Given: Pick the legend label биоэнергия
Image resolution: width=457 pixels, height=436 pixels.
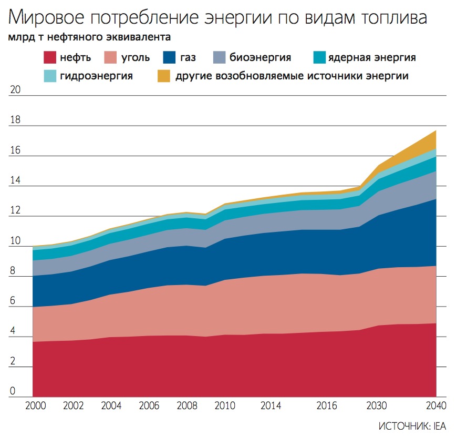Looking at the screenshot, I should [x=260, y=57].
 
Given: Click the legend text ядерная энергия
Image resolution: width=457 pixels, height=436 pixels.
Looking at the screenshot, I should [x=371, y=57].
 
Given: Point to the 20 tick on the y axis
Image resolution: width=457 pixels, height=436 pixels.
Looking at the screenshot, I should [x=16, y=90].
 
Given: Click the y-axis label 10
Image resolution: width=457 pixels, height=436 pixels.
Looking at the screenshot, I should [x=16, y=241].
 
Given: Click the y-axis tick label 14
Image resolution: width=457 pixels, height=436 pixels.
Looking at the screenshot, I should [x=16, y=180].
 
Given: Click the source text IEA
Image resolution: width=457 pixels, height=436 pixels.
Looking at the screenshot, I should [x=440, y=426].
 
